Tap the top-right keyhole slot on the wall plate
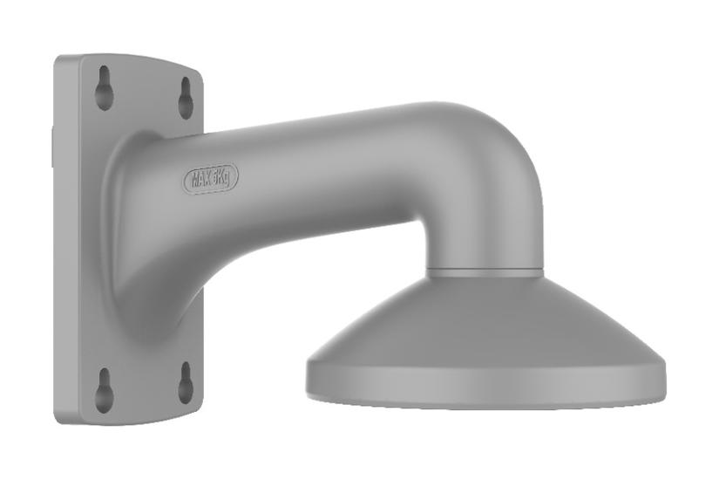pos(186,98)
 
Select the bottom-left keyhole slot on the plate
pos(104,389)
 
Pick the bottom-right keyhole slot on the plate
pos(186,382)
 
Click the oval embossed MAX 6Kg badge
pos(210,179)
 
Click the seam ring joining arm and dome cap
pos(485,272)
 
